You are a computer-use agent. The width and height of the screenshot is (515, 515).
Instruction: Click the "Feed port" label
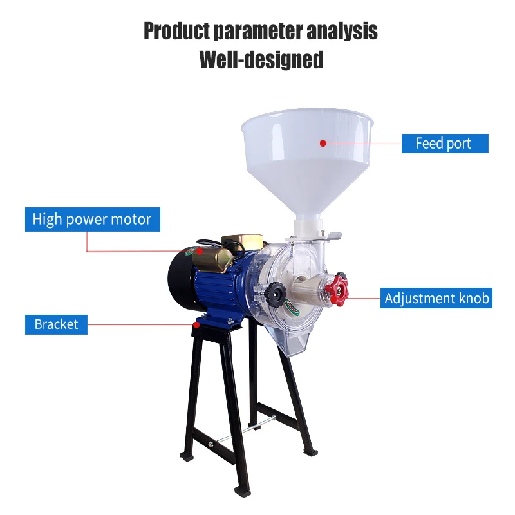tap(444, 144)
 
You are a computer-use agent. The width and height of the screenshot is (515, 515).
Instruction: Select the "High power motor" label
tap(91, 220)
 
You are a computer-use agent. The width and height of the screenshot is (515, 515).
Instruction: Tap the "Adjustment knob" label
tap(436, 299)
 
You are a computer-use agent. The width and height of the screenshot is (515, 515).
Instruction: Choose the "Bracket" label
tap(56, 324)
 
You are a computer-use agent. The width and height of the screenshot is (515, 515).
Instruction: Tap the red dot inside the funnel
tap(323, 144)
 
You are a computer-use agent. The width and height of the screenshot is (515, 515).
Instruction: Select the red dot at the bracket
tap(194, 324)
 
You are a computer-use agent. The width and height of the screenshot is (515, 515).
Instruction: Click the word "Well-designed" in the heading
tap(261, 59)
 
